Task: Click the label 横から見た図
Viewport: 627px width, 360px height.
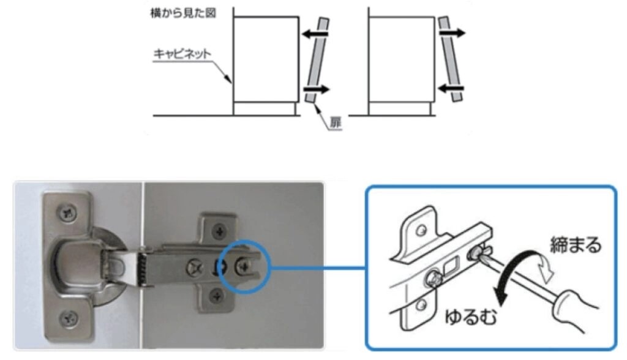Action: pyautogui.click(x=182, y=13)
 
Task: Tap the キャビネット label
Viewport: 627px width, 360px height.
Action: pyautogui.click(x=182, y=54)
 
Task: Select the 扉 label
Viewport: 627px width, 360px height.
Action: pyautogui.click(x=335, y=123)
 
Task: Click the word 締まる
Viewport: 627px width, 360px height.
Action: pyautogui.click(x=576, y=245)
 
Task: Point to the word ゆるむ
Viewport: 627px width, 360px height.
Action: pyautogui.click(x=471, y=317)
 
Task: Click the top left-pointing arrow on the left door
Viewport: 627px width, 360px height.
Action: pyautogui.click(x=315, y=34)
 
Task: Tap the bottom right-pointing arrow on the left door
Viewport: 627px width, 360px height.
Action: pyautogui.click(x=317, y=89)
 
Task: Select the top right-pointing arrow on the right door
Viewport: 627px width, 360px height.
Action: pyautogui.click(x=452, y=33)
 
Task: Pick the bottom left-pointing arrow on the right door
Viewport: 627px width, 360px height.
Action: pyautogui.click(x=451, y=88)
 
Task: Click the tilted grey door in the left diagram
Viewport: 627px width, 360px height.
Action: pyautogui.click(x=317, y=60)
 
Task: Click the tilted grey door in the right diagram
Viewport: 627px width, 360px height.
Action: pyautogui.click(x=451, y=59)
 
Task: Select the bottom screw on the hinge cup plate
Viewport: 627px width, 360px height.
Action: pyautogui.click(x=69, y=318)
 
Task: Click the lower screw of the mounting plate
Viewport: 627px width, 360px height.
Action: pyautogui.click(x=217, y=296)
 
